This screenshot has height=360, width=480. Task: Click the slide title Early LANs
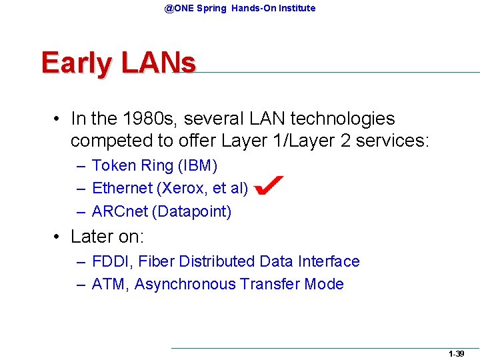click(x=118, y=63)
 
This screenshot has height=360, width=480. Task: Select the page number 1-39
click(x=456, y=354)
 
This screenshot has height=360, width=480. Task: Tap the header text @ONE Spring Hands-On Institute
click(x=240, y=8)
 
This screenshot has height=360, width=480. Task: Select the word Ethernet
click(x=121, y=189)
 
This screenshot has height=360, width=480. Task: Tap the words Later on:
click(x=107, y=237)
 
